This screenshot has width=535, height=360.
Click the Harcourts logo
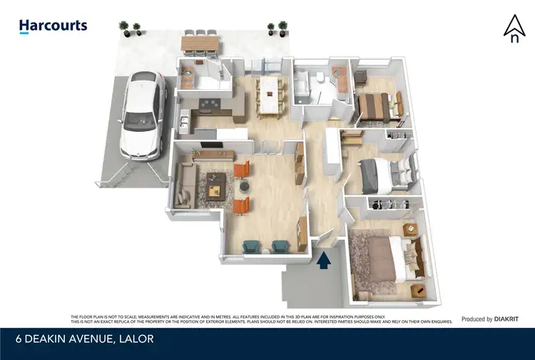click(x=53, y=26)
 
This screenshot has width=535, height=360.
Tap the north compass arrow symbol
click(x=514, y=29)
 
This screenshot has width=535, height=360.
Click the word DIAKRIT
click(x=509, y=319)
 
